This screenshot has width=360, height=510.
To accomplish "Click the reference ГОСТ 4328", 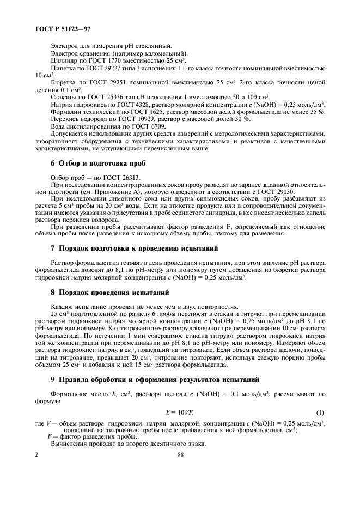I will [135, 104].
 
